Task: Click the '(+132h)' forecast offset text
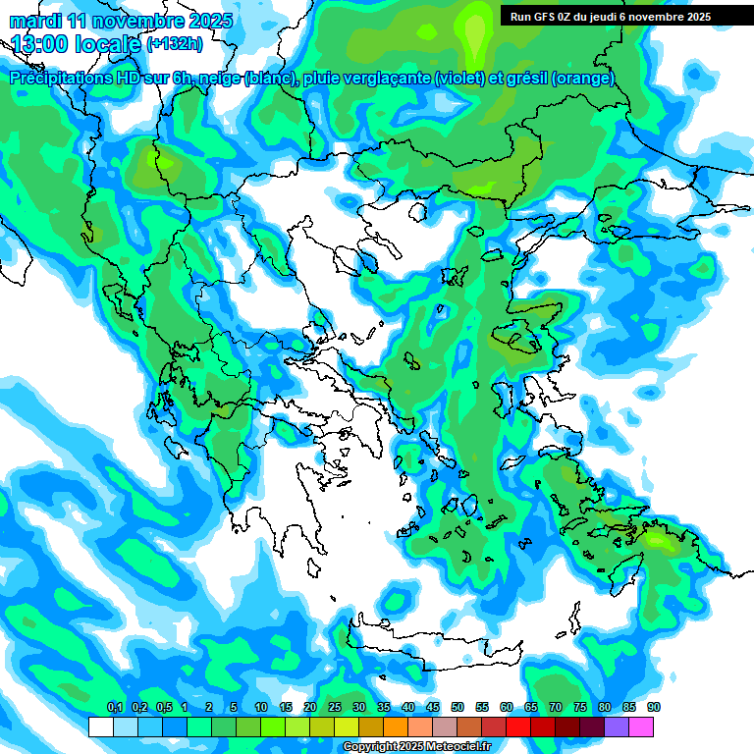[x=174, y=43]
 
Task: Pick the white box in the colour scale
[x=100, y=727]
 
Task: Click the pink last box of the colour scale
[x=641, y=727]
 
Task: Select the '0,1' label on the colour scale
[x=115, y=708]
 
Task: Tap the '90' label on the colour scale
[x=653, y=708]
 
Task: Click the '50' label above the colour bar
[x=458, y=708]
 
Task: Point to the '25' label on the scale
[x=335, y=708]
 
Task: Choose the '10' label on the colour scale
[x=261, y=708]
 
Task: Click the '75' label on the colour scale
[x=580, y=708]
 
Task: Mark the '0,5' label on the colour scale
[x=163, y=708]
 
